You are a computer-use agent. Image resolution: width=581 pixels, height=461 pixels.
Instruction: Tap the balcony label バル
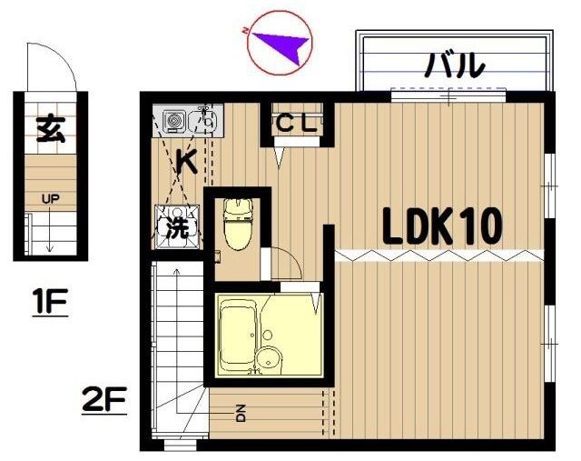(x=454, y=65)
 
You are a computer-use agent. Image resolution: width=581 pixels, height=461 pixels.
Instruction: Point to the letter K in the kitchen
(x=186, y=162)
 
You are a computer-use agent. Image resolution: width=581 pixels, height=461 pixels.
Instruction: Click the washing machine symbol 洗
(x=177, y=227)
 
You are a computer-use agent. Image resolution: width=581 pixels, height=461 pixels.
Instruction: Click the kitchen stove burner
(x=172, y=118)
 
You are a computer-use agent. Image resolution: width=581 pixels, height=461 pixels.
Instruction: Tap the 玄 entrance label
(x=49, y=130)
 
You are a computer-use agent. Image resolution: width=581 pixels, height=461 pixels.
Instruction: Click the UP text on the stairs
(x=50, y=197)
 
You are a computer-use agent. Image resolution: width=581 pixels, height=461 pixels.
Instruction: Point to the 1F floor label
(x=50, y=302)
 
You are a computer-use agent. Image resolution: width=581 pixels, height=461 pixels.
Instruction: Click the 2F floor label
(x=104, y=400)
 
